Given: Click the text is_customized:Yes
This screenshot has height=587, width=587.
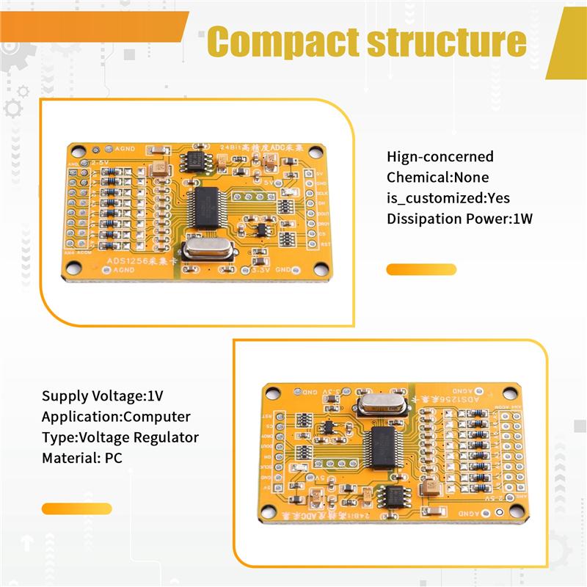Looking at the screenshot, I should pos(448,198).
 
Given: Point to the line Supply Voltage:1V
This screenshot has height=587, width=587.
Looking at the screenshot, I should pos(102,395).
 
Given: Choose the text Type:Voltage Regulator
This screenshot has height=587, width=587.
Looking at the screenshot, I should pos(120,437).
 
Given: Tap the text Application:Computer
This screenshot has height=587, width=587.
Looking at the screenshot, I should pos(116,417).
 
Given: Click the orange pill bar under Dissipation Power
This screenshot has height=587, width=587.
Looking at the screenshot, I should pos(421,269).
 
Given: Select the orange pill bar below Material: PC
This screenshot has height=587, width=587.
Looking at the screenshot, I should pos(77,508).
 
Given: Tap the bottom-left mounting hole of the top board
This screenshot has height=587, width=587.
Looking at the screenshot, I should pos(73,269).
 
